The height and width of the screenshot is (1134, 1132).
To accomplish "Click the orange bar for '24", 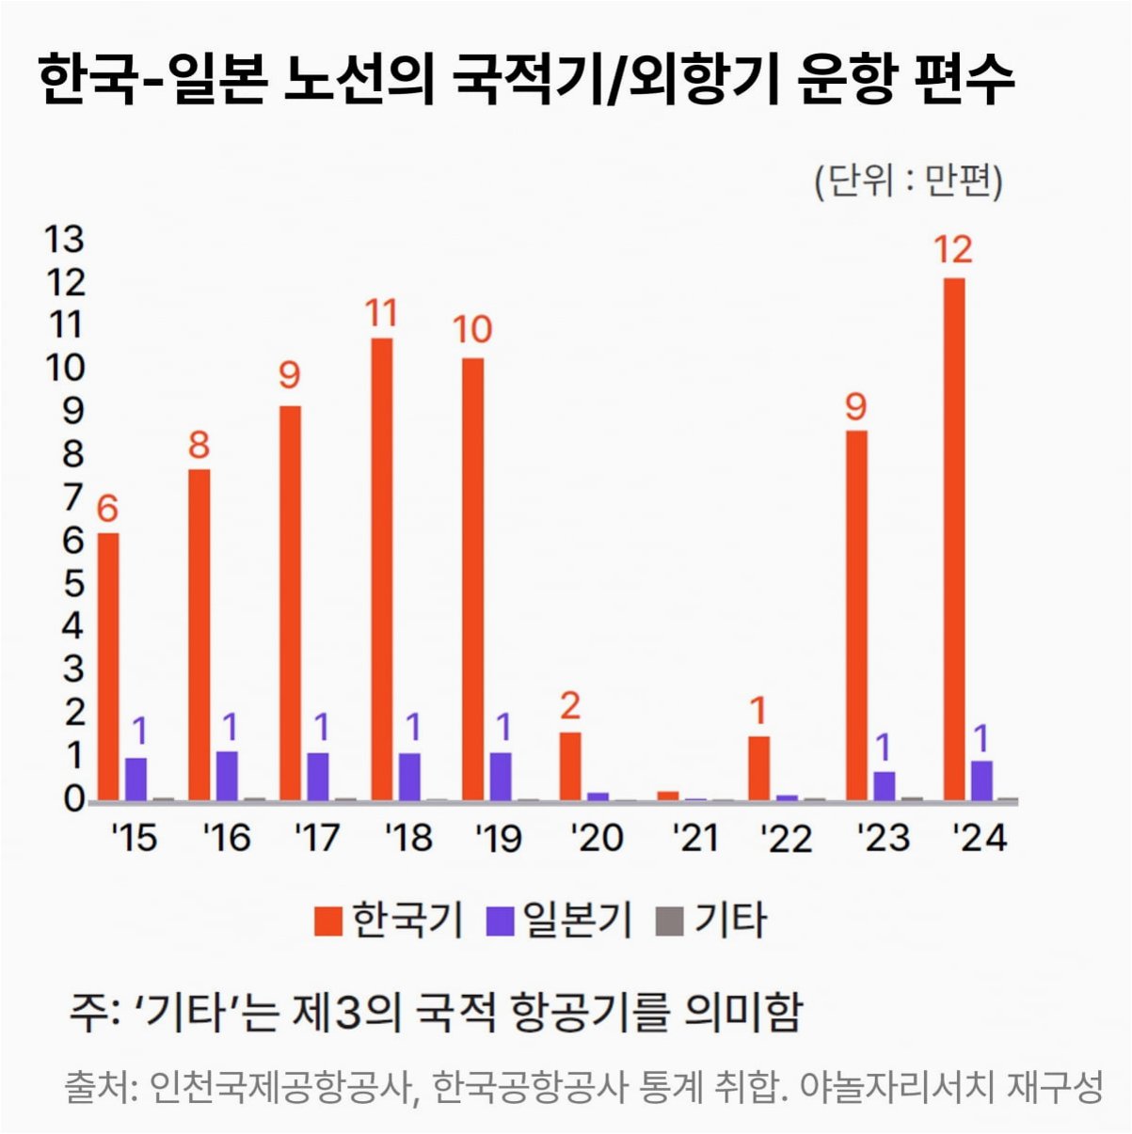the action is coord(954,539).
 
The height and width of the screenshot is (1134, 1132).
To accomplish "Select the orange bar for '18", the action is coord(382,569).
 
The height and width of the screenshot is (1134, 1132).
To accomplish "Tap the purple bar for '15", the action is coord(136,780).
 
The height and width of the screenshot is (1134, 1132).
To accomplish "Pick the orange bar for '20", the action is coord(570,766).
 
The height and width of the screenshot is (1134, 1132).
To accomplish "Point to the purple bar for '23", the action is coord(884,786).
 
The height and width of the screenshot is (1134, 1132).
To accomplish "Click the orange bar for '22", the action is coord(759,768).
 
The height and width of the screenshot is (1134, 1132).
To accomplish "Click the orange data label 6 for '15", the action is coord(107,508).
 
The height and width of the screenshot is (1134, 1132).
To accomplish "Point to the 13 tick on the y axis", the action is coord(65,240).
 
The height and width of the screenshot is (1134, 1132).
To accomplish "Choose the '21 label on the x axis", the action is coord(695,838).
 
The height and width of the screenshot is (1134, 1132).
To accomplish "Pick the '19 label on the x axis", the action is coord(499,838).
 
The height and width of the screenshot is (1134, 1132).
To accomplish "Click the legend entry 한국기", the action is coord(388,920).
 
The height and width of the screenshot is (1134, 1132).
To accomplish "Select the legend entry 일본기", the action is coord(559,920).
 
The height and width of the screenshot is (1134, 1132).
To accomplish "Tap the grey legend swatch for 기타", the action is coord(670,921).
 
